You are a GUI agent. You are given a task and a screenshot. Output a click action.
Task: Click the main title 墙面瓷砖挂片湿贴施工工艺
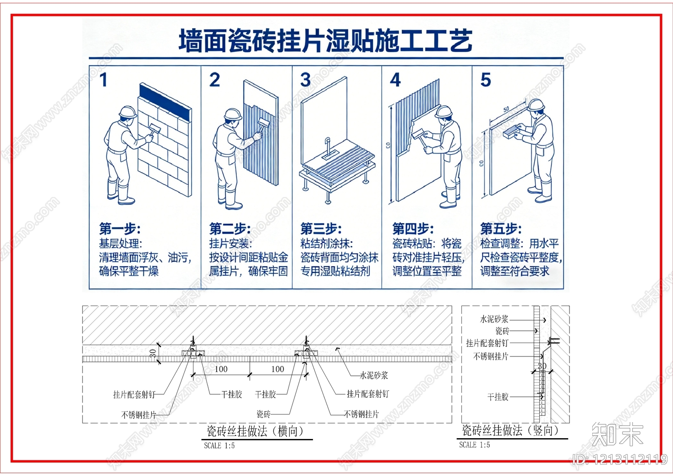pyautogui.click(x=326, y=41)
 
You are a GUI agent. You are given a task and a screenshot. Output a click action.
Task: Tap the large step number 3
pyautogui.click(x=306, y=80)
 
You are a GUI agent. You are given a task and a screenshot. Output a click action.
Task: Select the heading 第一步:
pyautogui.click(x=120, y=229)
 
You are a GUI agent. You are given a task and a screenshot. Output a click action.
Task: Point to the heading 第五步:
pyautogui.click(x=501, y=229)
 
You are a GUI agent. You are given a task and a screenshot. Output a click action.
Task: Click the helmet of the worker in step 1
pyautogui.click(x=127, y=112)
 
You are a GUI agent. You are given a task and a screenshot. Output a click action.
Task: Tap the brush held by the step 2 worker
pyautogui.click(x=264, y=123)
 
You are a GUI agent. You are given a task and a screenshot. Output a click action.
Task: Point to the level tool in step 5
pyautogui.click(x=510, y=132)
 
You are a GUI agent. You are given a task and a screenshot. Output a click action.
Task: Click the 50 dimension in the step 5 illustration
pyautogui.click(x=506, y=109)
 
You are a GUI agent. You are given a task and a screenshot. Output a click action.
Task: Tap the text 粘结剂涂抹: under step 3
pyautogui.click(x=326, y=243)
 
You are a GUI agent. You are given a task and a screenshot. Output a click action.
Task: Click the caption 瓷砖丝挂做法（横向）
pyautogui.click(x=255, y=431)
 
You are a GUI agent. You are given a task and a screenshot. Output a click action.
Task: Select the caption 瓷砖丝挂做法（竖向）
pyautogui.click(x=511, y=430)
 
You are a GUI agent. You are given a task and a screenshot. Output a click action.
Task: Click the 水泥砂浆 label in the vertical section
pyautogui.click(x=494, y=319)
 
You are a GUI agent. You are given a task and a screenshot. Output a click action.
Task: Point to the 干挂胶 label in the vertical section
pyautogui.click(x=498, y=397)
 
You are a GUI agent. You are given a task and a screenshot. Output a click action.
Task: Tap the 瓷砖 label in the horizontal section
pyautogui.click(x=264, y=414)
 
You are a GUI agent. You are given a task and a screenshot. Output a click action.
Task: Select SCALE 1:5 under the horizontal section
pyautogui.click(x=219, y=446)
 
